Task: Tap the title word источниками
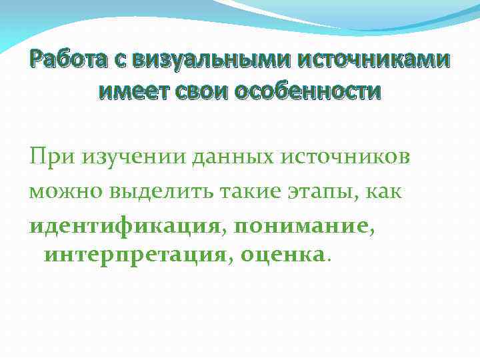point(373,61)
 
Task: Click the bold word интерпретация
point(135,253)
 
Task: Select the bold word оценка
point(283,253)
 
